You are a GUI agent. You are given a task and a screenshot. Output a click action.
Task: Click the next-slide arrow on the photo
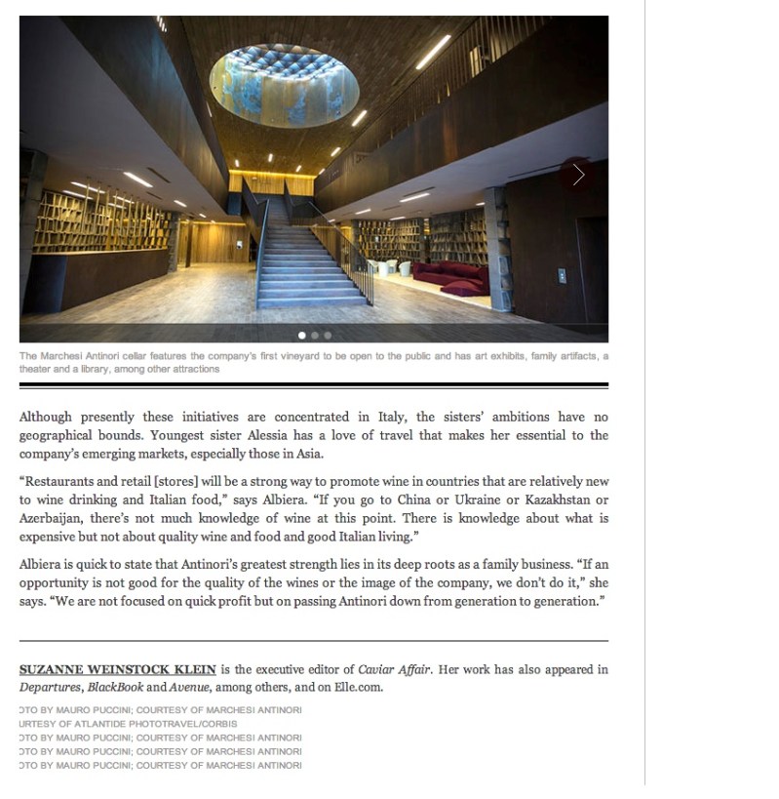(579, 175)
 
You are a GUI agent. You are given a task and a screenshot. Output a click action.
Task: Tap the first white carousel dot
(302, 336)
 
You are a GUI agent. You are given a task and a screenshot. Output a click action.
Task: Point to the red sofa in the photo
(449, 275)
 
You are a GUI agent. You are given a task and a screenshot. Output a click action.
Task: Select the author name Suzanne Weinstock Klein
(117, 670)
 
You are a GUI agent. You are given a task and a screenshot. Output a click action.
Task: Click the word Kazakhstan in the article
(551, 499)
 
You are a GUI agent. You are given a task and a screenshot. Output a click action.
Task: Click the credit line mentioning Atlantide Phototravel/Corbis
(128, 724)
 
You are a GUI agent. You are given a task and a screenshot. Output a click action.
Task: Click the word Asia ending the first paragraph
(308, 453)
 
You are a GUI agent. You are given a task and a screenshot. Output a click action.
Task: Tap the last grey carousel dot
(328, 336)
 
